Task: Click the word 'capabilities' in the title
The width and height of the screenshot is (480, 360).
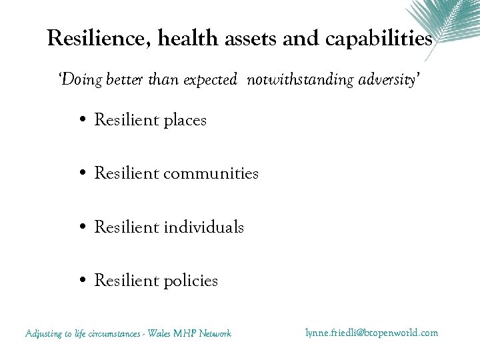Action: point(379,39)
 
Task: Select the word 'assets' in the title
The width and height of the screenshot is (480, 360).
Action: point(250,39)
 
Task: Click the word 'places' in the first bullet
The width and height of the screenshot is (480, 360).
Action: point(183,121)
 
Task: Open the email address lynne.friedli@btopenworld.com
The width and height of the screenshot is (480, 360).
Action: point(371,332)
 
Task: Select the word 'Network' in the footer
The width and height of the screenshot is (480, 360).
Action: point(215,333)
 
